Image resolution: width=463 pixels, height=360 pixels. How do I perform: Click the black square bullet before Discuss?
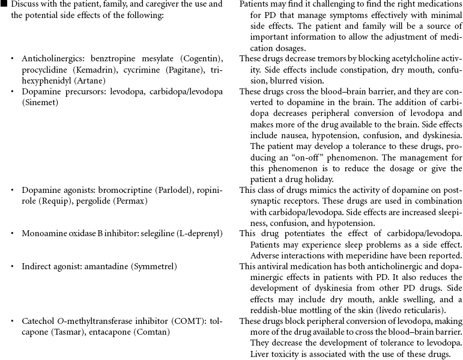click(x=4, y=5)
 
